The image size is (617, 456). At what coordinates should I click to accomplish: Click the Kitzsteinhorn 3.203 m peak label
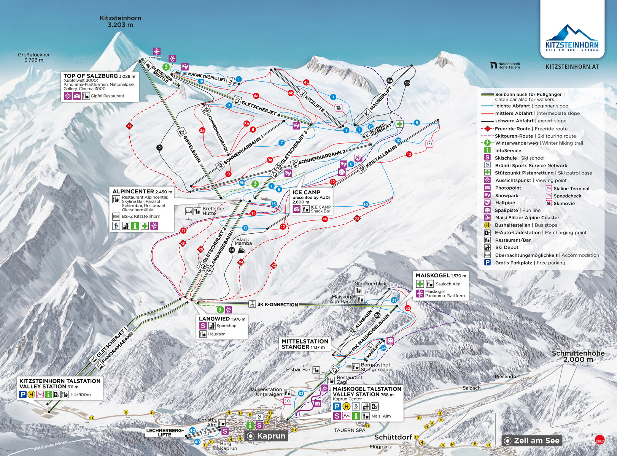120,21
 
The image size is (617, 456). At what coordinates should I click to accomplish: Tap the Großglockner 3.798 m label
34,57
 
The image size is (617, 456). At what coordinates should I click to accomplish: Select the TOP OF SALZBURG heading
91,76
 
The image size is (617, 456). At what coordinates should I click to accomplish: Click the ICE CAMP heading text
306,192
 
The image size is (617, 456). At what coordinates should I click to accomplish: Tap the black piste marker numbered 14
232,250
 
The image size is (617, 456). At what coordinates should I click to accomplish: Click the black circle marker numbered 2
159,148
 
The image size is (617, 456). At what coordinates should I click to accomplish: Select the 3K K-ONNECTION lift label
277,304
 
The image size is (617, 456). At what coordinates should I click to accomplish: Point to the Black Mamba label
243,241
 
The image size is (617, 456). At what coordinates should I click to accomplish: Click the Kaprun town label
270,436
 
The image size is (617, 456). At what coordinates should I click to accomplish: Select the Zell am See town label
536,441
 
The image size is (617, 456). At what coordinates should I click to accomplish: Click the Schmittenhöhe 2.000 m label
578,356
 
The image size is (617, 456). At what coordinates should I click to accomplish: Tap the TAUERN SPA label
349,430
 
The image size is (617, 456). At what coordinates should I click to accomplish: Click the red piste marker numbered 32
408,308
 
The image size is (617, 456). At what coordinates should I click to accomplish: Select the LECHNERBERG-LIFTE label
165,432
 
